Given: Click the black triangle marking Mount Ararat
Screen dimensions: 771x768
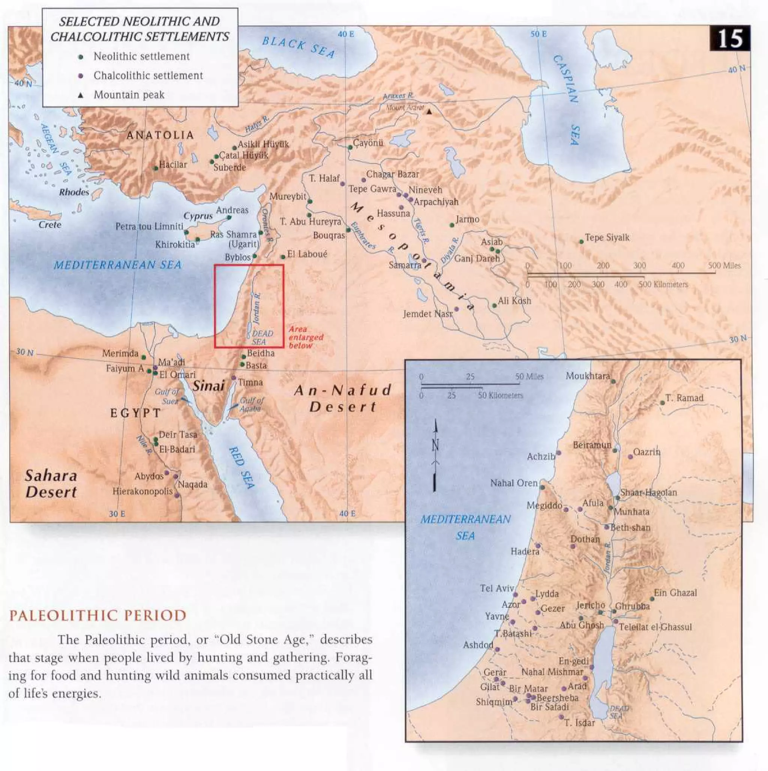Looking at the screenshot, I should tap(429, 112).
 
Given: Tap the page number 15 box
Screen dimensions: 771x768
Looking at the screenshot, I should tap(730, 39).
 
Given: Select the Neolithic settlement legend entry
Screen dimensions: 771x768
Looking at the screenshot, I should tap(141, 57).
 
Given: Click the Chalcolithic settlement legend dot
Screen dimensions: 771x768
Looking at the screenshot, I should tap(81, 76).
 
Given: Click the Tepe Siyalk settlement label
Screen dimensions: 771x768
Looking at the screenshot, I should tap(607, 237).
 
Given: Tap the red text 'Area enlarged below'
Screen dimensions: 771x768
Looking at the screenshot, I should tap(305, 337).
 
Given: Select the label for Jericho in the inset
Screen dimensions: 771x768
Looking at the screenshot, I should tap(590, 605).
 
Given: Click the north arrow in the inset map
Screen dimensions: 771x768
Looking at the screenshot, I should tap(435, 455).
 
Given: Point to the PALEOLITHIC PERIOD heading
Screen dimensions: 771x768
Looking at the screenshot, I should tap(98, 615).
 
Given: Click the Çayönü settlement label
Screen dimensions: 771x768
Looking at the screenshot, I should tap(368, 142).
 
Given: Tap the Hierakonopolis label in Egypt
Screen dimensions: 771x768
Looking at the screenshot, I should tap(142, 491).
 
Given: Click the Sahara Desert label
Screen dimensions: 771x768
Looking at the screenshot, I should tap(51, 484).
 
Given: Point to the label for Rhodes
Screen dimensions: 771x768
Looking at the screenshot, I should tap(74, 192).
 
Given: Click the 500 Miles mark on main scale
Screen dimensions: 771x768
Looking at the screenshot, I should tap(724, 265).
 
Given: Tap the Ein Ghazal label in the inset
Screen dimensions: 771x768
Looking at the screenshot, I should tap(675, 592).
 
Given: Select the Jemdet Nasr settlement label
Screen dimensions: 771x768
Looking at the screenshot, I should tap(427, 313).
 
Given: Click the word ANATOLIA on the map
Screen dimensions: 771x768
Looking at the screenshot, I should tap(160, 135).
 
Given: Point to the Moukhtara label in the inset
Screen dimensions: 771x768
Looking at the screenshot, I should tap(588, 376).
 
